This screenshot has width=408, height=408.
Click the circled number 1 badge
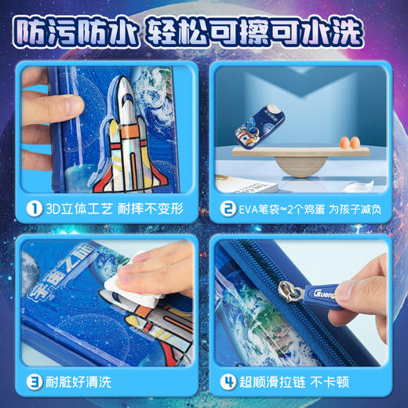tap(34, 209)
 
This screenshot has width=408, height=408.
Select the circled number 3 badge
tap(34, 384)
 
